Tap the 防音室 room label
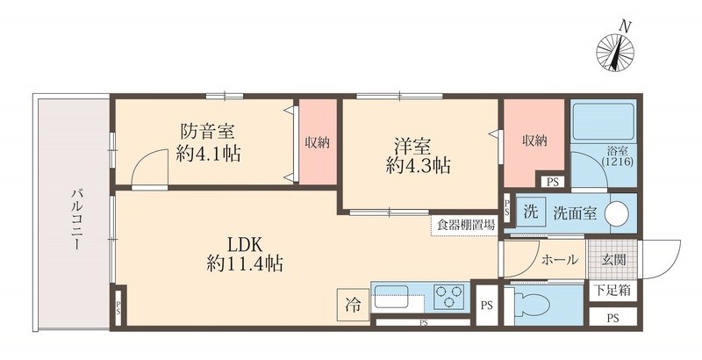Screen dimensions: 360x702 click(x=207, y=133)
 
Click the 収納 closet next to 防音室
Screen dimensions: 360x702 click(x=317, y=142)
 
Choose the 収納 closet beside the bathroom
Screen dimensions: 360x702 click(x=533, y=140)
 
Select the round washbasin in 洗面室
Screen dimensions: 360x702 click(x=618, y=212)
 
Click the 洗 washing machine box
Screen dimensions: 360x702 click(x=530, y=212)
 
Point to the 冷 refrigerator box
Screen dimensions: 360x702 click(x=352, y=306)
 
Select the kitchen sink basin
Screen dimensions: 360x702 click(x=396, y=297)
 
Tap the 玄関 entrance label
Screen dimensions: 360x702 click(x=613, y=259)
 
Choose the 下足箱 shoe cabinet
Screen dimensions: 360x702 click(x=613, y=290)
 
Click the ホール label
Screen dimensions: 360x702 click(x=559, y=259)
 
